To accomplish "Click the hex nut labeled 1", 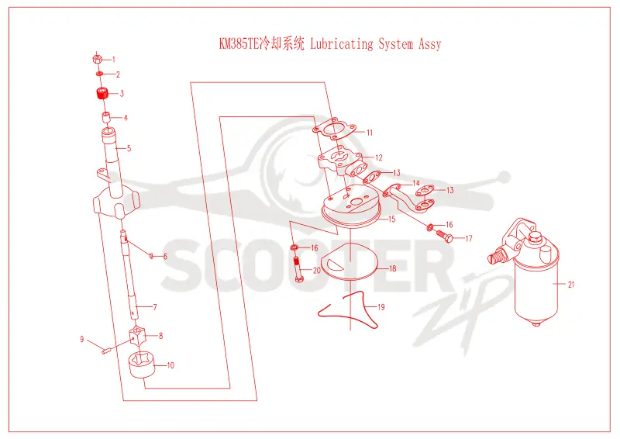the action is click(x=97, y=60).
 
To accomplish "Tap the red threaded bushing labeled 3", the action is click(x=102, y=94).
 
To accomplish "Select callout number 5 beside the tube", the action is click(x=129, y=148).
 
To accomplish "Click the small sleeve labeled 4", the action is click(x=106, y=117).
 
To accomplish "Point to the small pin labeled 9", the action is click(x=105, y=350).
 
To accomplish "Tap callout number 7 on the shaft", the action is click(x=155, y=307).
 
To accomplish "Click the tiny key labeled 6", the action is click(x=150, y=255).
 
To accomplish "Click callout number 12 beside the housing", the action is click(x=379, y=157).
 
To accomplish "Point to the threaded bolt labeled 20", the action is click(x=298, y=269).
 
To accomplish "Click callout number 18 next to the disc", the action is click(x=393, y=268).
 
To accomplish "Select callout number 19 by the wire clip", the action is click(x=381, y=307).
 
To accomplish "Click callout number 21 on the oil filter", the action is click(x=571, y=284).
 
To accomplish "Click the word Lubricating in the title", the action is click(x=342, y=43).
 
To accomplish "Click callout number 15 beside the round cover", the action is click(x=392, y=219).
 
